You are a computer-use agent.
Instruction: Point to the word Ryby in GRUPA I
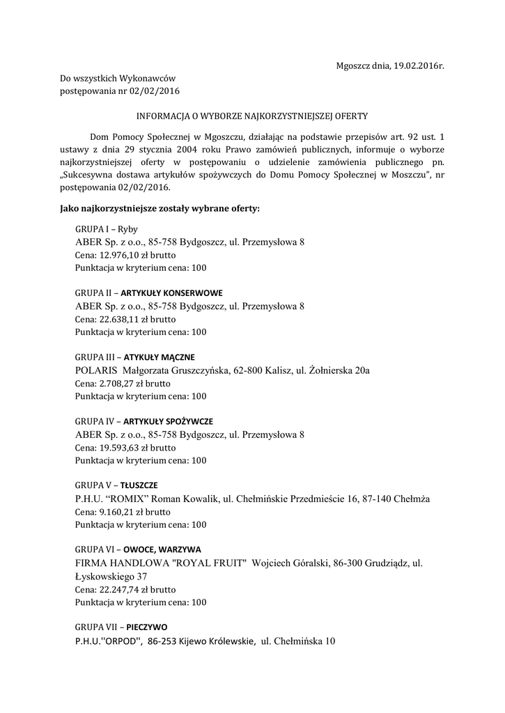click(127, 229)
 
